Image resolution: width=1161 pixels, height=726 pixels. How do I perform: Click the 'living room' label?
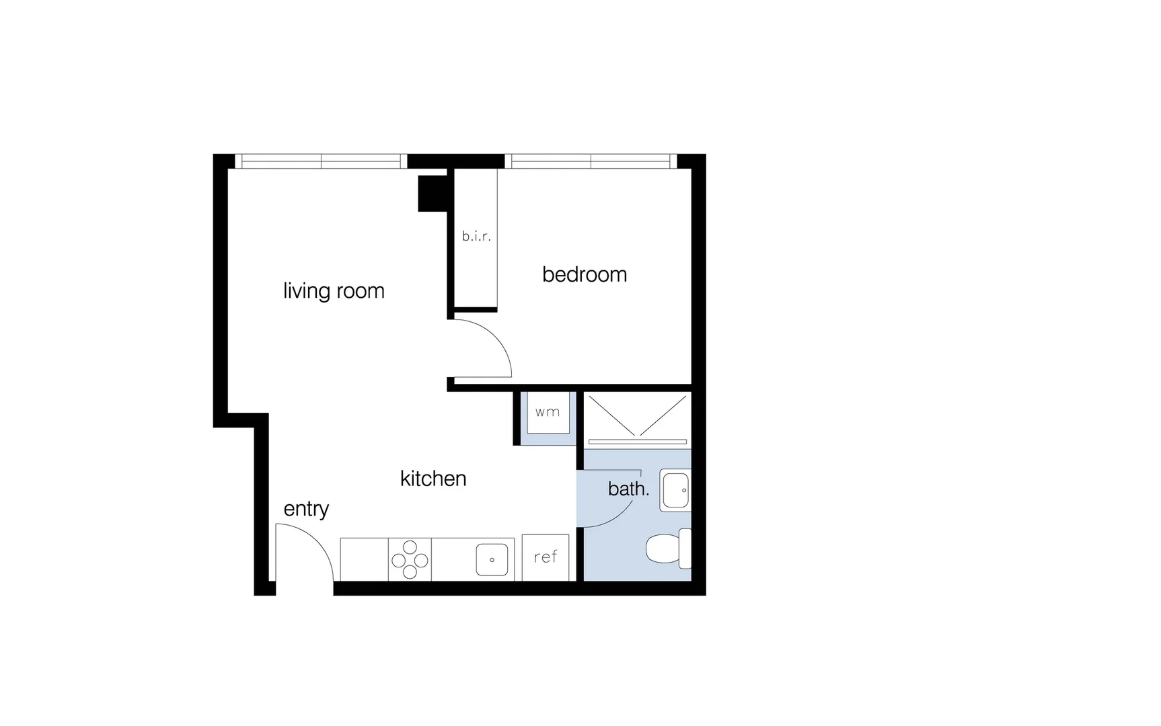[x=334, y=291]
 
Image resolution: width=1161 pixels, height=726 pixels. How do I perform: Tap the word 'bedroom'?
[x=585, y=274]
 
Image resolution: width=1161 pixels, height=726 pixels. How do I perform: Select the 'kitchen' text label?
[x=433, y=479]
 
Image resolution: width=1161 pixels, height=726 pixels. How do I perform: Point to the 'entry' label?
[x=306, y=509]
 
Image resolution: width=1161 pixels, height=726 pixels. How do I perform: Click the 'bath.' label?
[x=628, y=489]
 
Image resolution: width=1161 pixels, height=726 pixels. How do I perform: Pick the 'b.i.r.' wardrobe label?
[x=476, y=237]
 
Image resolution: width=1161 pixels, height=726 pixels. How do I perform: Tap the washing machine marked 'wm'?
[x=548, y=412]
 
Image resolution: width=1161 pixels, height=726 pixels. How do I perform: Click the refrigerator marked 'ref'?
[x=546, y=557]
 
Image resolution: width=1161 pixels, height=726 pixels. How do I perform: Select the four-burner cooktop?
[x=410, y=559]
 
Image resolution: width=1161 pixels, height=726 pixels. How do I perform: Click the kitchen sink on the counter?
[x=492, y=559]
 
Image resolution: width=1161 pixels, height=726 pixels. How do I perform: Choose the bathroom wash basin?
[x=675, y=490]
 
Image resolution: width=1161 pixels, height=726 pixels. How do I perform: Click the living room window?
[x=321, y=161]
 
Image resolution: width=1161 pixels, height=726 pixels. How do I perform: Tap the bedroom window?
[x=591, y=161]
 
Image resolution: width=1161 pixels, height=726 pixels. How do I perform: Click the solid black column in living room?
[x=433, y=193]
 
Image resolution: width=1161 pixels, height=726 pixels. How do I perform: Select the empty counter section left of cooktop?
[x=364, y=559]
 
